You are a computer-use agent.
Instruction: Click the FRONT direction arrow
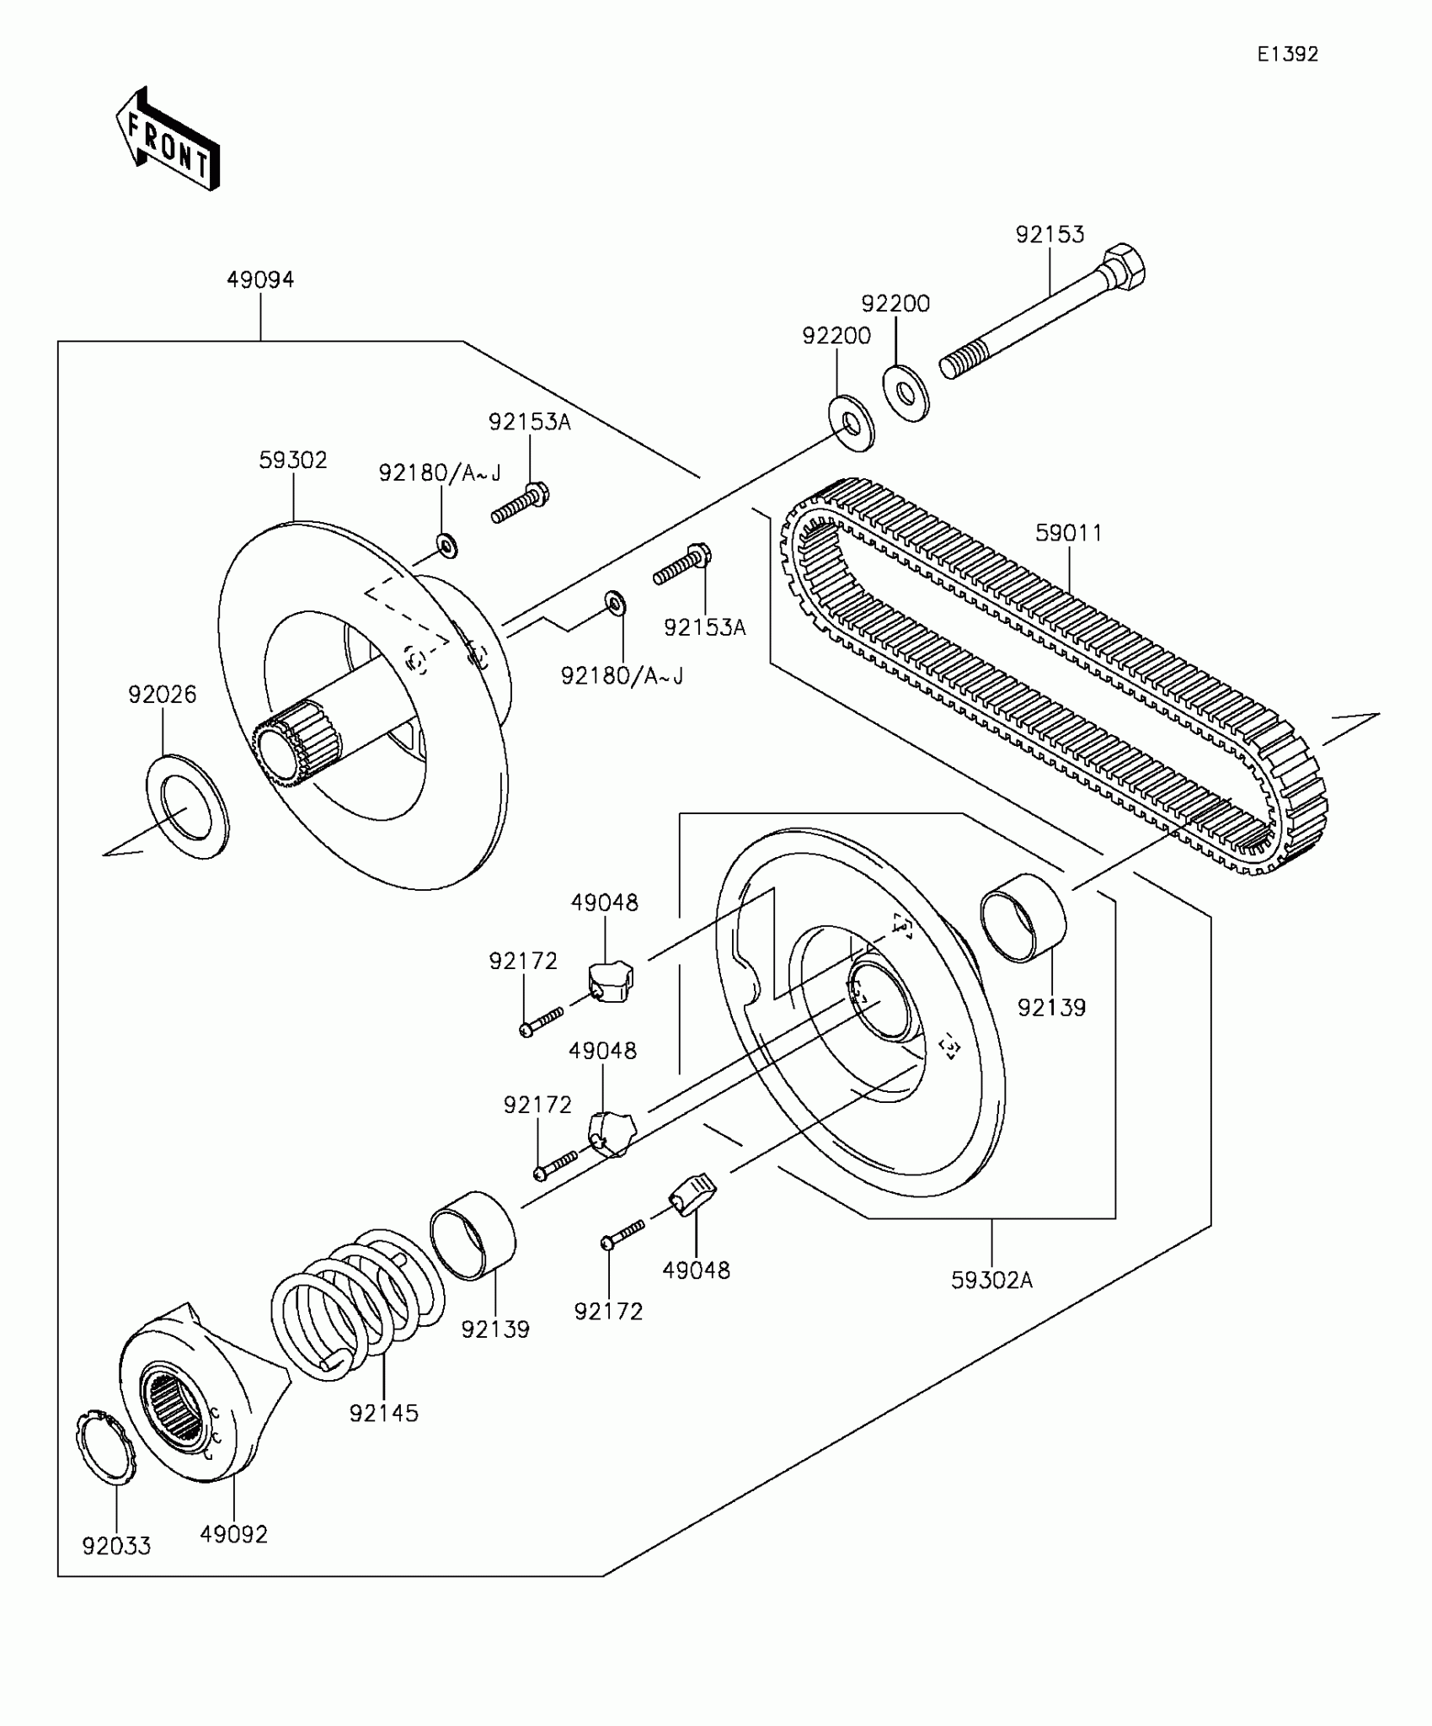[167, 139]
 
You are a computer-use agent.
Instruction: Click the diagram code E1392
[1287, 54]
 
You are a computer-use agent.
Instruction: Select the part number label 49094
[260, 280]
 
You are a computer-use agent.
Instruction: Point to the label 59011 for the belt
[1068, 532]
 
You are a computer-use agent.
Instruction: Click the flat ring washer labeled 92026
[187, 806]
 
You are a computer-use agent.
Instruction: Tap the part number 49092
[233, 1534]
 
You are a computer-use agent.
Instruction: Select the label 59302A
[991, 1281]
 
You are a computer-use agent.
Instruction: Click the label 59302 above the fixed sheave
[292, 460]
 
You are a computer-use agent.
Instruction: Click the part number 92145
[383, 1414]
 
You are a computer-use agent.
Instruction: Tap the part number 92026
[162, 695]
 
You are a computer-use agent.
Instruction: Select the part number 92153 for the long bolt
[1050, 234]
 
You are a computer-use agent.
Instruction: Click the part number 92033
[116, 1546]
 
